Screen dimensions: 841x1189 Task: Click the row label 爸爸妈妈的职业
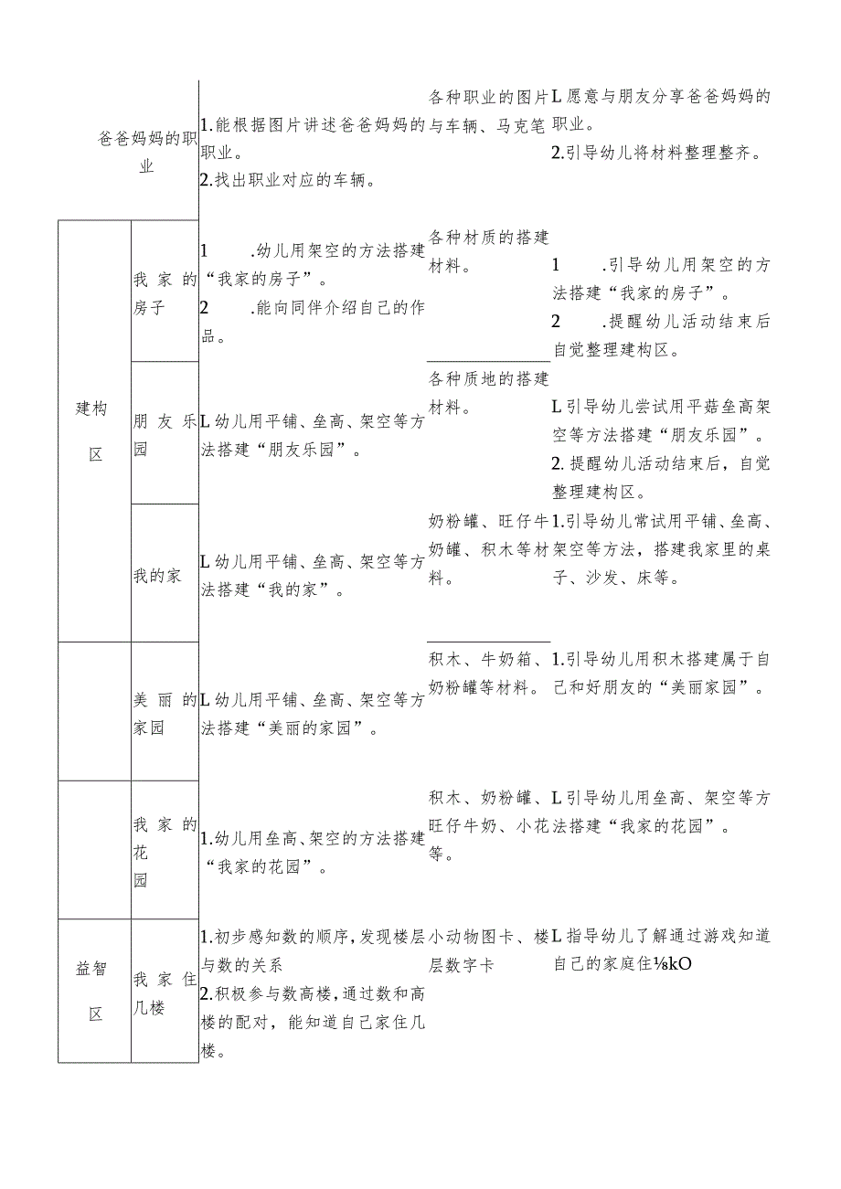[x=147, y=153]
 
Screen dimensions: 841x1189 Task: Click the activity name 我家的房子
[x=165, y=293]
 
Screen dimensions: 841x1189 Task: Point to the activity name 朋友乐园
[x=165, y=435]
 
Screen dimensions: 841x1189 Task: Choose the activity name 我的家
[x=157, y=576]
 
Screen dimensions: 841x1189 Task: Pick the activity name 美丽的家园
[x=165, y=715]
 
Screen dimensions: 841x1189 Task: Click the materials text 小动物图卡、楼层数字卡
[x=488, y=950]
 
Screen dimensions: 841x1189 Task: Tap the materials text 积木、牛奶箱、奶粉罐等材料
[x=488, y=673]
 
